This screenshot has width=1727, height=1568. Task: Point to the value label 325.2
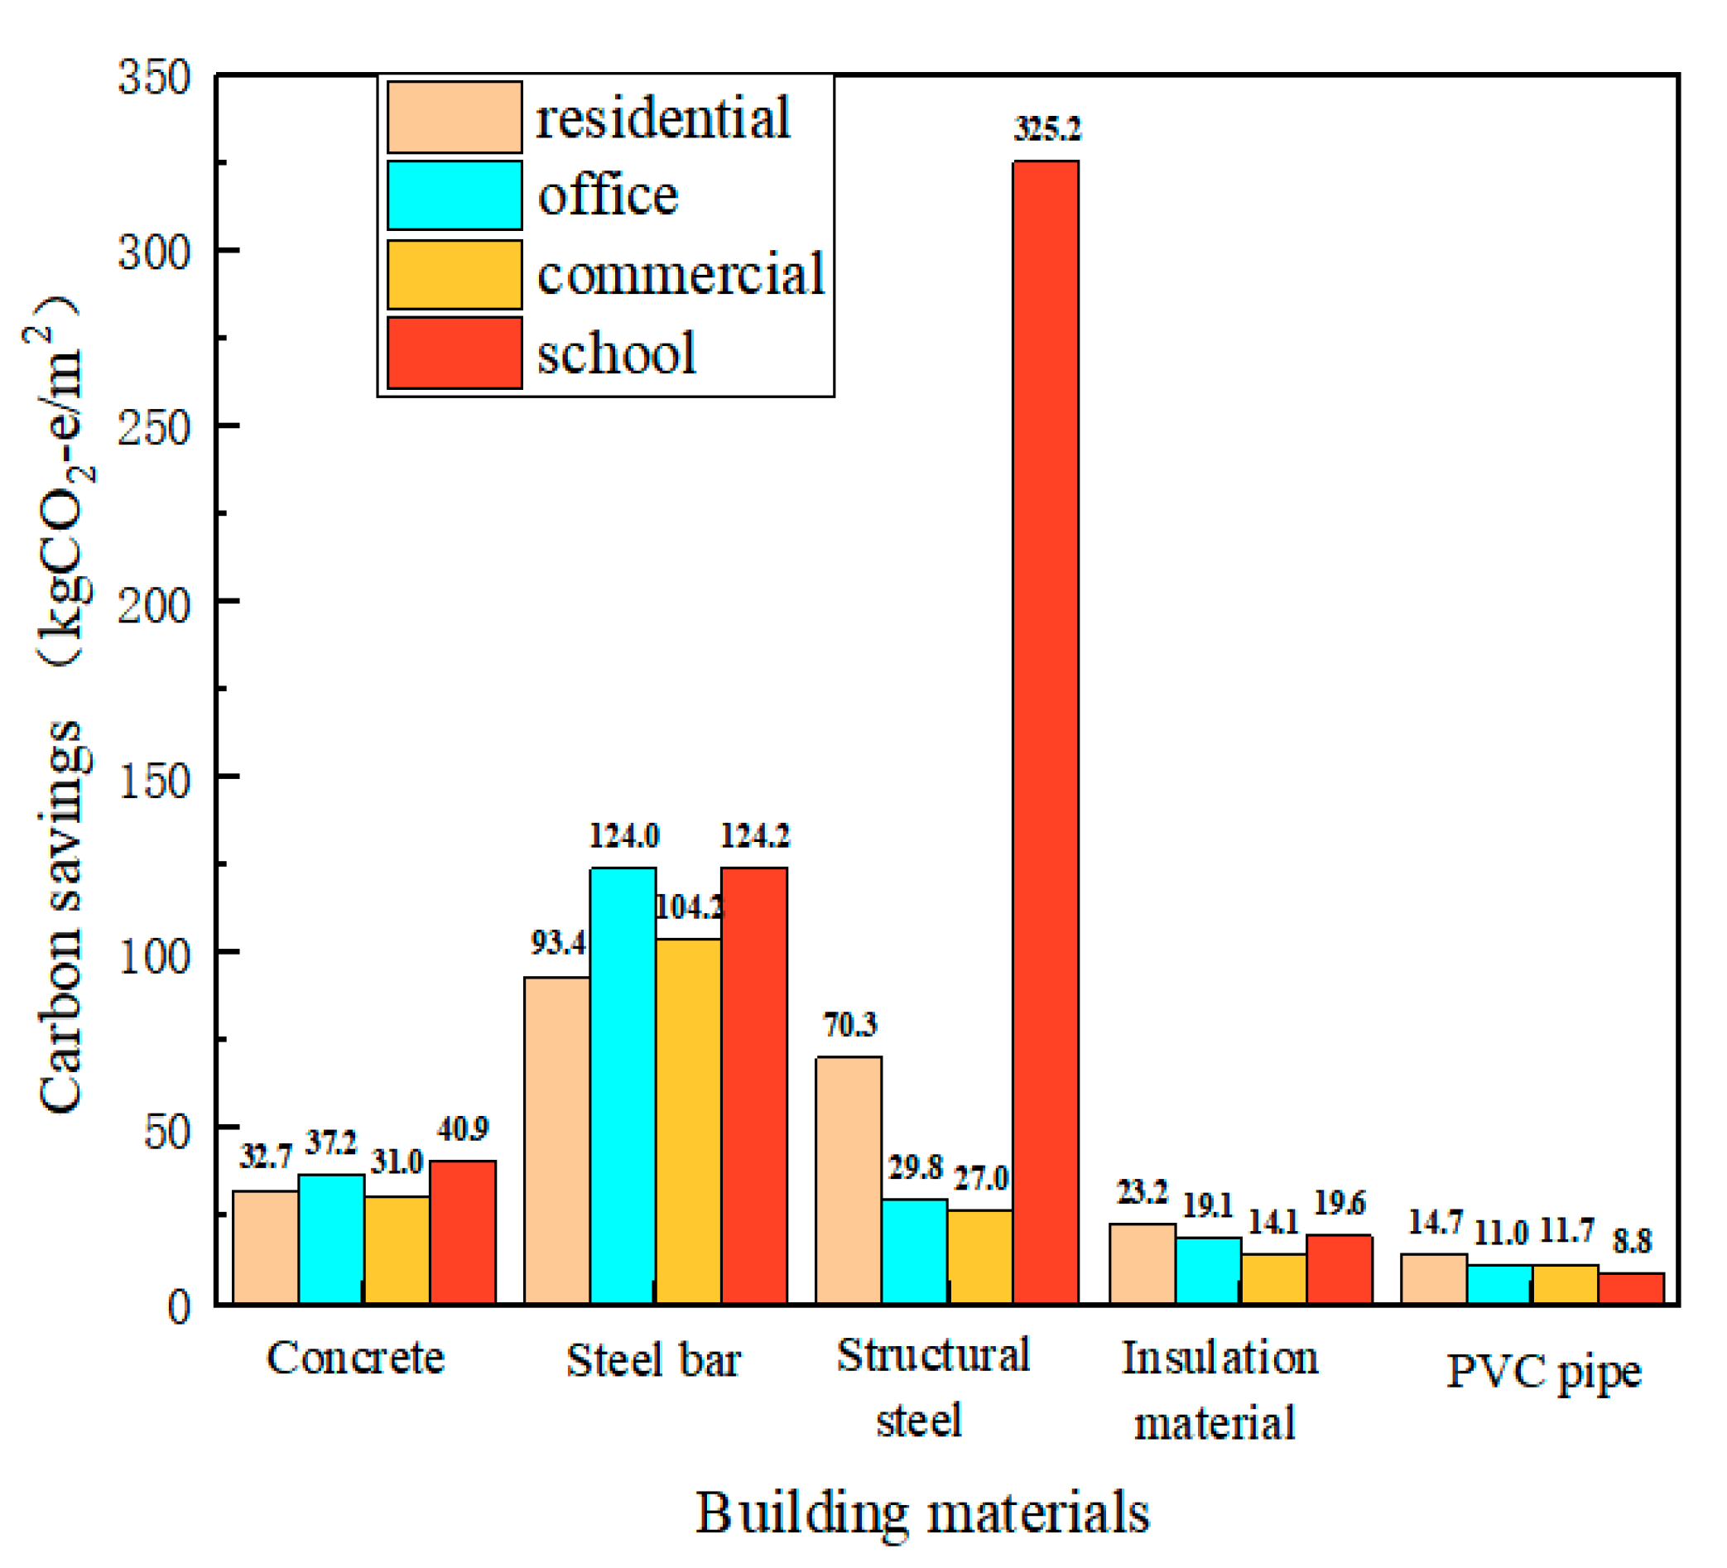(1046, 129)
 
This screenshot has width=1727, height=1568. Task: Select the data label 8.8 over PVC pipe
(1632, 1241)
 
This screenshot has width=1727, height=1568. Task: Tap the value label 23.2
(1142, 1192)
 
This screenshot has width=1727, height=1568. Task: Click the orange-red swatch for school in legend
(454, 353)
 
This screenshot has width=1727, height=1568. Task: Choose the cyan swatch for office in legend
(454, 195)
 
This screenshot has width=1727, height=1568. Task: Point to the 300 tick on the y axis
(154, 253)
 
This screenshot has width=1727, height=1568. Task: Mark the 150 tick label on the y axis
(154, 781)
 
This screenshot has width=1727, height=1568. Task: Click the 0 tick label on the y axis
(178, 1307)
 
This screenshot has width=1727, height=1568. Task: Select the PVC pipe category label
(1543, 1372)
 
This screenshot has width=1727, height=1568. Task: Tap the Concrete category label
(355, 1358)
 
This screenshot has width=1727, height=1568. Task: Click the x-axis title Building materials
(921, 1513)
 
